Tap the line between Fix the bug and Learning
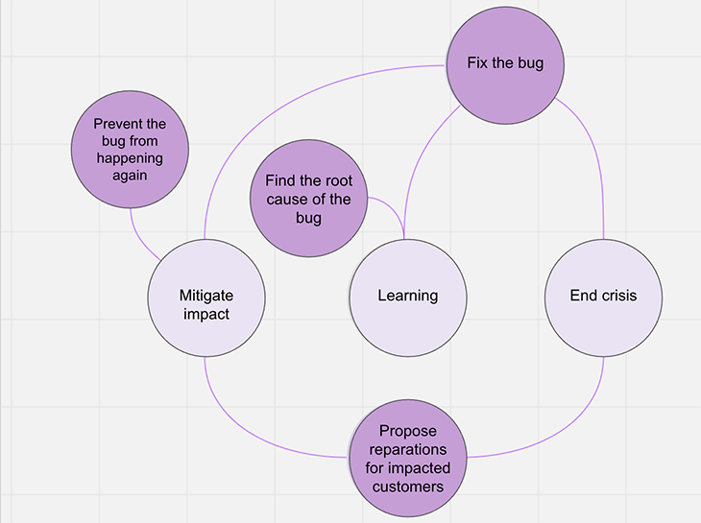(423, 163)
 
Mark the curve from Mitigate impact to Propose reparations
(250, 432)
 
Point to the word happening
(130, 158)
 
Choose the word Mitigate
(206, 296)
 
